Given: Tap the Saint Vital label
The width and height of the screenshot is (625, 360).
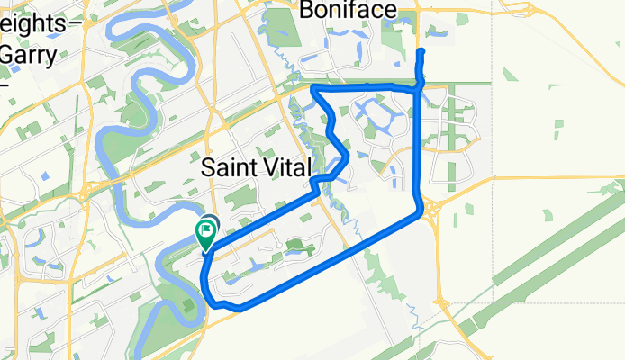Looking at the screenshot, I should click(256, 167).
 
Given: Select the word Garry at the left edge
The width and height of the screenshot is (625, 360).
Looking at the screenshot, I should click(29, 53).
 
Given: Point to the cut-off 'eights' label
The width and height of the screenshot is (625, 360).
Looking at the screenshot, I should click(32, 25).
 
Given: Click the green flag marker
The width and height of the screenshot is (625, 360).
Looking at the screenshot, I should click(205, 235).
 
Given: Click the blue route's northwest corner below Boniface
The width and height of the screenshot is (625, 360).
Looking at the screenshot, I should click(312, 88).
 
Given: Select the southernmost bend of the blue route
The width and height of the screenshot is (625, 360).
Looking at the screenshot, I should click(238, 309).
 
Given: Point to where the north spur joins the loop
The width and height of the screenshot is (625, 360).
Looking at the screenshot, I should click(421, 86).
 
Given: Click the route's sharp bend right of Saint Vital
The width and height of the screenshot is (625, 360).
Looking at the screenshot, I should click(347, 154).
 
